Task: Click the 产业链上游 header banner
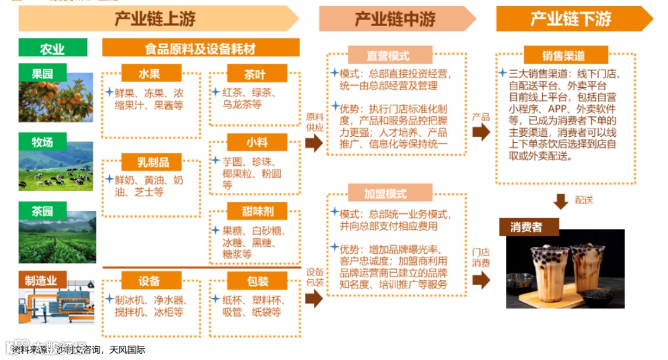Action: (155, 19)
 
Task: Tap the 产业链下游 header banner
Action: (570, 19)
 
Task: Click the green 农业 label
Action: (52, 48)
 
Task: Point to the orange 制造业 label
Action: (41, 280)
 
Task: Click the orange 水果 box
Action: (149, 73)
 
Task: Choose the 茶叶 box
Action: (255, 74)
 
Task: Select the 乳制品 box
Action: (152, 163)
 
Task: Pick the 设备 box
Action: (149, 281)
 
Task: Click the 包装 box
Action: (257, 281)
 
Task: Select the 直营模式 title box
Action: (388, 55)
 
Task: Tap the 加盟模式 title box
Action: (388, 194)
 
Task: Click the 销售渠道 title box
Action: (563, 55)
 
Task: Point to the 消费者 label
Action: (526, 227)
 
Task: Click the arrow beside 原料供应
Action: (314, 144)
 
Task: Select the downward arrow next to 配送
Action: (560, 201)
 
